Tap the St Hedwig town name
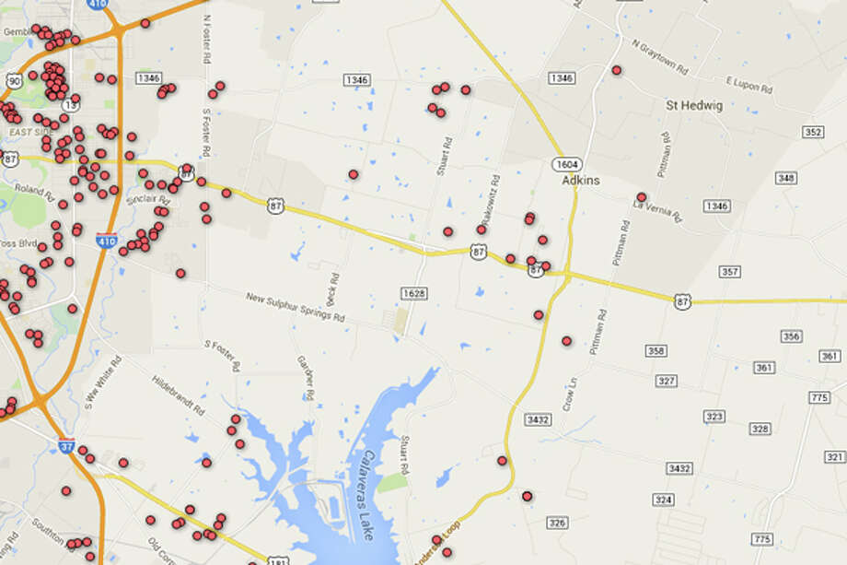pos(694,106)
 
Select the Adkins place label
pos(581,181)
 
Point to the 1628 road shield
pos(414,293)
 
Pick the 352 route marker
pos(812,133)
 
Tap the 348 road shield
pos(786,178)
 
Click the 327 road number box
pos(667,381)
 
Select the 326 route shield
pos(557,523)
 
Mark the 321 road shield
pos(834,457)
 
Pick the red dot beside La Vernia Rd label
pos(641,196)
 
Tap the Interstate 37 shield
pos(65,444)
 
